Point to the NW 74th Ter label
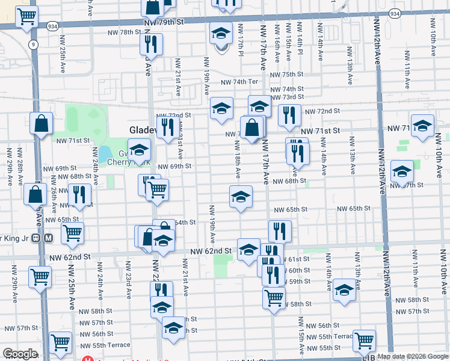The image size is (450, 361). tap(239, 82)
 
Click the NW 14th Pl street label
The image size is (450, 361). tap(300, 38)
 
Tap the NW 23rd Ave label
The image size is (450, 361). tap(128, 279)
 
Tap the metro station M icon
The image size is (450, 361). tap(49, 237)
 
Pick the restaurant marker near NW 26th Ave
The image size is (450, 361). tap(79, 194)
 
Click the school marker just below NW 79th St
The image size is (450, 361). tap(221, 32)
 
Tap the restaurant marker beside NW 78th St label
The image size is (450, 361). tap(150, 44)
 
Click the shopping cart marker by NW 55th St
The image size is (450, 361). tap(365, 341)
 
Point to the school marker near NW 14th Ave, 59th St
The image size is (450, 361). tap(344, 289)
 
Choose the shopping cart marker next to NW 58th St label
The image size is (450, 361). tap(274, 297)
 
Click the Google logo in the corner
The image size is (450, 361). tap(20, 354)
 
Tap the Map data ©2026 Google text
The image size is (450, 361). tap(412, 356)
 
